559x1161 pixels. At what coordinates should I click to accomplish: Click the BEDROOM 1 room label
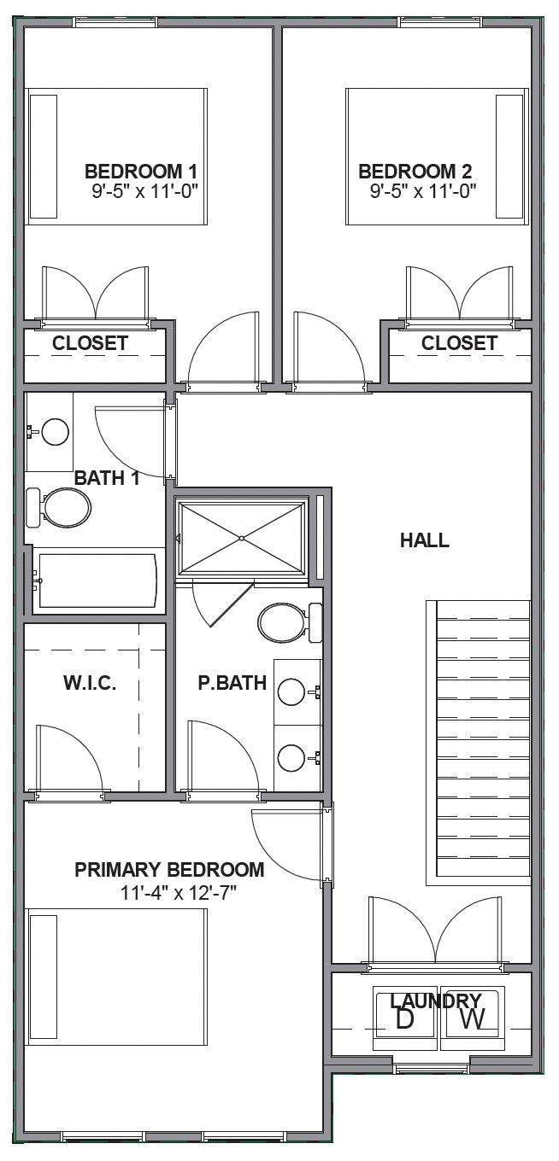coord(145,171)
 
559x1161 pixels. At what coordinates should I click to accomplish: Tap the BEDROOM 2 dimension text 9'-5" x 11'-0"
coord(422,191)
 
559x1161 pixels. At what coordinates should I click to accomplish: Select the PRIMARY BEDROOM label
coord(169,870)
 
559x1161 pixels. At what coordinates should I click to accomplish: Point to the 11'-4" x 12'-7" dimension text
coord(178,893)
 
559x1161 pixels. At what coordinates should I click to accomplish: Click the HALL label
coord(425,540)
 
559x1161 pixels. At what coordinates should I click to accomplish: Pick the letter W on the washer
coord(473,1019)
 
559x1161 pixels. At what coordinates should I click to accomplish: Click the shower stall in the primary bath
coord(242,538)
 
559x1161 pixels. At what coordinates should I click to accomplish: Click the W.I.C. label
coord(89,683)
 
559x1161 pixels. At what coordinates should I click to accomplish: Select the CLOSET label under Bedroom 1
coord(90,343)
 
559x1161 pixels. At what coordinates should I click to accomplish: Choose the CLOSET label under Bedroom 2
coord(459,343)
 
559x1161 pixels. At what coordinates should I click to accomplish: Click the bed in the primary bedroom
coord(118,977)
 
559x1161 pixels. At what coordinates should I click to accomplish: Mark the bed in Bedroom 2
coord(435,156)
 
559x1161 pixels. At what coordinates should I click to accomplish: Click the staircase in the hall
coord(479,743)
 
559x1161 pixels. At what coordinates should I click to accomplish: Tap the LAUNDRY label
coord(435,1001)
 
